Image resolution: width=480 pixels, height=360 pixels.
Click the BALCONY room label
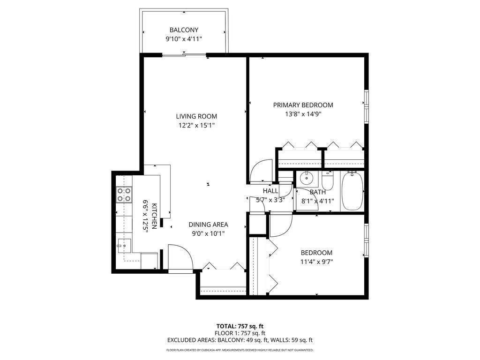pos(184,30)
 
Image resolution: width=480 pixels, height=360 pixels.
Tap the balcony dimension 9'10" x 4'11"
pos(184,39)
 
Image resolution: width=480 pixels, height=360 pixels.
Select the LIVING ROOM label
pos(196,116)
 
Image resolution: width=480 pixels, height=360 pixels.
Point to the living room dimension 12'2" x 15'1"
pos(196,125)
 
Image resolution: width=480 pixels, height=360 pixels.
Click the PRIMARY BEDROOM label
pos(303,105)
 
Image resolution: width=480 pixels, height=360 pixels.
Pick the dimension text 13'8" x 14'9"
pos(303,114)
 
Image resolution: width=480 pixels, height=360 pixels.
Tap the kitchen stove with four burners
pos(124,195)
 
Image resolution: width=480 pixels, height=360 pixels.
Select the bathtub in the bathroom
pos(352,191)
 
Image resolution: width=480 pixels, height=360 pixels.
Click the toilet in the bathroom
pos(327,181)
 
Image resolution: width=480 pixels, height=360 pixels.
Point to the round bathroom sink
pos(307,178)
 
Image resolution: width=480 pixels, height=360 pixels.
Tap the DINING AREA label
pos(208,225)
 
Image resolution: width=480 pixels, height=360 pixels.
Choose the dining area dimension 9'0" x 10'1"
pos(208,233)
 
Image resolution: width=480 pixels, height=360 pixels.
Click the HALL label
pos(270,191)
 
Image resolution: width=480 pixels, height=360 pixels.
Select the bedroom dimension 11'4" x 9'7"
pos(316,262)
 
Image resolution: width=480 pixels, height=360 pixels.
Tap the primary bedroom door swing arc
pos(261,170)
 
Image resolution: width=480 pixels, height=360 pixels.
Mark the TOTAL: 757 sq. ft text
pos(240,326)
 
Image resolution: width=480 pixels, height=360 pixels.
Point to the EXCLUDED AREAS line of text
pos(240,340)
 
